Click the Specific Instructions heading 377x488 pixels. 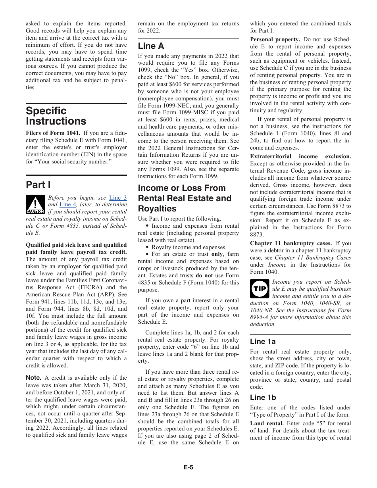[x=56, y=116]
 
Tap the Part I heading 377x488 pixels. [x=38, y=184]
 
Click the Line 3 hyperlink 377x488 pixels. [x=118, y=198]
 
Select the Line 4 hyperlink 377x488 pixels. [x=67, y=205]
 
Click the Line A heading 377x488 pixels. [x=151, y=46]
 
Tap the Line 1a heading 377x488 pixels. [x=263, y=342]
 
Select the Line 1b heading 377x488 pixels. [x=263, y=398]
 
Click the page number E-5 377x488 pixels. [x=188, y=467]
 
